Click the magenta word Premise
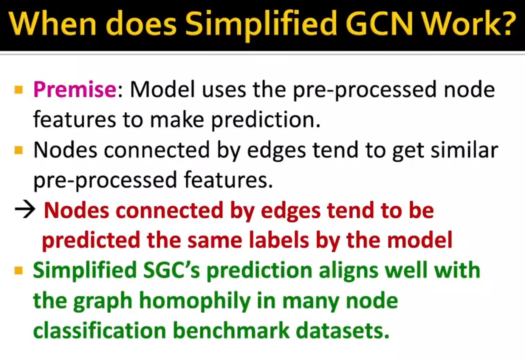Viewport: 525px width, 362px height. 75,90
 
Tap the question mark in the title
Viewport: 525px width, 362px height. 508,23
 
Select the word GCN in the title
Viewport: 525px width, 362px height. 379,23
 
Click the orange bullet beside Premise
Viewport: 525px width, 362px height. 19,90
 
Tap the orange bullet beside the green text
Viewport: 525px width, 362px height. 19,271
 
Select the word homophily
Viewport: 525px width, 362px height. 195,301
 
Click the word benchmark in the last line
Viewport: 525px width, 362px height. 231,331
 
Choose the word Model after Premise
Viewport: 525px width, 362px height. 163,90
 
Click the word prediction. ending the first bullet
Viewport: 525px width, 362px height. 265,120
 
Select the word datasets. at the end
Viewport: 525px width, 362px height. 342,331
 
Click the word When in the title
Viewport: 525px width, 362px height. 53,23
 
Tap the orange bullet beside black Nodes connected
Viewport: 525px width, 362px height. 19,150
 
